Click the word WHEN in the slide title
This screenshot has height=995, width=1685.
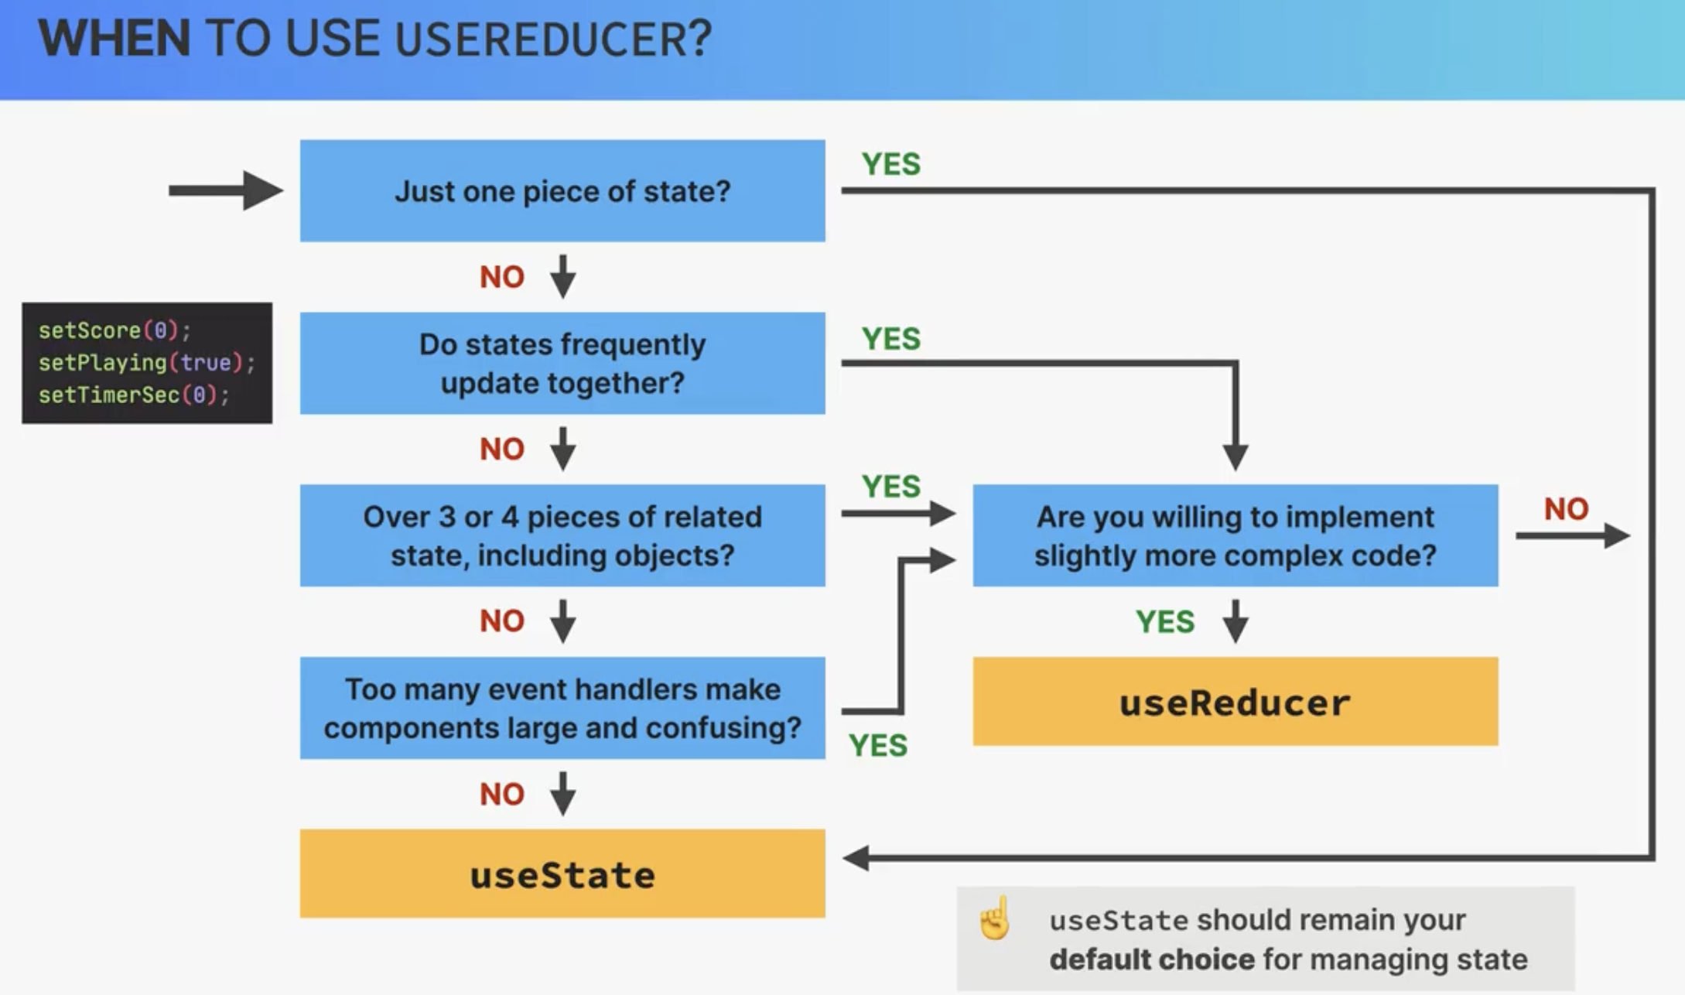(x=114, y=38)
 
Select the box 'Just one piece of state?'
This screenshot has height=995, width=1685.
(x=562, y=190)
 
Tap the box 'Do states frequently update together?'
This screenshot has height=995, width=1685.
(x=562, y=363)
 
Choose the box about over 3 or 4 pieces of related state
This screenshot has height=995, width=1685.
(x=562, y=535)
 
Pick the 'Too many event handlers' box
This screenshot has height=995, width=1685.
(x=562, y=708)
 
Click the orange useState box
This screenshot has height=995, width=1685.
(x=562, y=874)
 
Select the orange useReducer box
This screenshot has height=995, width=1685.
(x=1236, y=701)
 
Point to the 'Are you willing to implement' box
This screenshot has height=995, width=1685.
(x=1236, y=535)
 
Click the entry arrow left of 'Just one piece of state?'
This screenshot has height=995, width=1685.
(x=226, y=190)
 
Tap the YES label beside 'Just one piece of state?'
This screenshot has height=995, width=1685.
(x=891, y=164)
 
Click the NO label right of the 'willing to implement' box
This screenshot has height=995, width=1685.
(x=1566, y=509)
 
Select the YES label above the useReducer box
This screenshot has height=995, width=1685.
(x=1165, y=621)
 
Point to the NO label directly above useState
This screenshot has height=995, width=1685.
(x=502, y=794)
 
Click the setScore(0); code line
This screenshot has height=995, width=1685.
(x=114, y=330)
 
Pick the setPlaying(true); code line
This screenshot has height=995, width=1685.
(x=147, y=363)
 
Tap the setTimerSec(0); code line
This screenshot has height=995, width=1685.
(x=134, y=395)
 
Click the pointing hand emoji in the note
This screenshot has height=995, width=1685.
(x=995, y=918)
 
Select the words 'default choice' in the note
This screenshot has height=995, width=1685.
(x=1152, y=959)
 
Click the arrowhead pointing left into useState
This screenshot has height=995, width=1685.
(x=856, y=857)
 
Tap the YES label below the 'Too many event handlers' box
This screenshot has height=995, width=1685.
(x=878, y=745)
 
